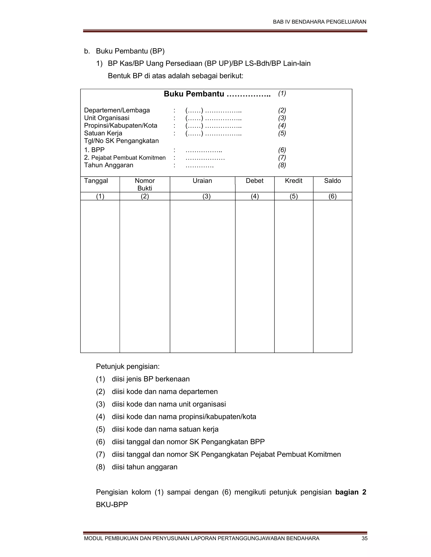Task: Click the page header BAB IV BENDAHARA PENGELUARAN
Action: [x=319, y=22]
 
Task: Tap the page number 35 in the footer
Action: [x=364, y=538]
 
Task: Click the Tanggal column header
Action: [x=96, y=181]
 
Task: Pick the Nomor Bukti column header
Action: [x=145, y=184]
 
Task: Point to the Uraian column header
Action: [x=202, y=181]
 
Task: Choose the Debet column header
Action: [x=255, y=181]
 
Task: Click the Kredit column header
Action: [x=293, y=181]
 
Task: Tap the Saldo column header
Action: [x=333, y=181]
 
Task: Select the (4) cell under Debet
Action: [x=255, y=196]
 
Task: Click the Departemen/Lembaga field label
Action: [x=117, y=110]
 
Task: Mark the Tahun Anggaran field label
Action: [x=109, y=165]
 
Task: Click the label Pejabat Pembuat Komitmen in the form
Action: [x=128, y=158]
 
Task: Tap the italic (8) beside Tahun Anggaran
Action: [x=282, y=165]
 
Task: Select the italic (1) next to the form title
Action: [x=282, y=93]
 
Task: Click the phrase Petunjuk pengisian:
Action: [x=128, y=367]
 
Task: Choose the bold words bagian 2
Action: [x=350, y=492]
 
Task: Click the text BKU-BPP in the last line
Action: [x=112, y=504]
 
